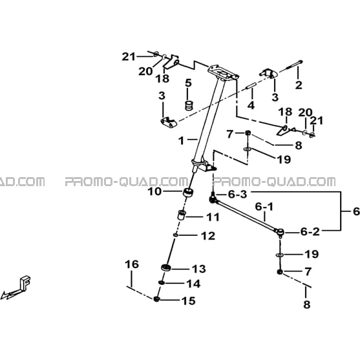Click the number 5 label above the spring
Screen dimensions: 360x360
pyautogui.click(x=188, y=83)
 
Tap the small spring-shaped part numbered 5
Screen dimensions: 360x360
pyautogui.click(x=189, y=105)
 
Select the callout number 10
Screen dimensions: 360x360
pyautogui.click(x=154, y=191)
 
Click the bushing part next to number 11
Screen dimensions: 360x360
pyautogui.click(x=182, y=215)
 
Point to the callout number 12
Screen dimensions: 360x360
pyautogui.click(x=208, y=236)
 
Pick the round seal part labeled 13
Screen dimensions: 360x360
pyautogui.click(x=165, y=267)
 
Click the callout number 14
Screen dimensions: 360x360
pyautogui.click(x=193, y=284)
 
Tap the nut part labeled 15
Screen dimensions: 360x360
pyautogui.click(x=156, y=299)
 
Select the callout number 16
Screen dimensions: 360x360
pyautogui.click(x=132, y=264)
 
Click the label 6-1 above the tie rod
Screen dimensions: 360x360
pyautogui.click(x=264, y=207)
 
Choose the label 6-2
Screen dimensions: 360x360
pyautogui.click(x=310, y=232)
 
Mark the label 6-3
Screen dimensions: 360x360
pyautogui.click(x=238, y=195)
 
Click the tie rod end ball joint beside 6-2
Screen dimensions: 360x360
pyautogui.click(x=281, y=232)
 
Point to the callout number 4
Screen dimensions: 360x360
pyautogui.click(x=251, y=105)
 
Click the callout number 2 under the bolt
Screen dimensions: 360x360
pyautogui.click(x=299, y=85)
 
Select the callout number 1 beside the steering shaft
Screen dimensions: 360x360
pyautogui.click(x=182, y=141)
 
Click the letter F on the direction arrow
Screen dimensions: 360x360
pyautogui.click(x=25, y=282)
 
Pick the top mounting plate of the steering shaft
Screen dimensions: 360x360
pyautogui.click(x=223, y=72)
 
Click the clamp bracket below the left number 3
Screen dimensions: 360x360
pyautogui.click(x=169, y=122)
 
